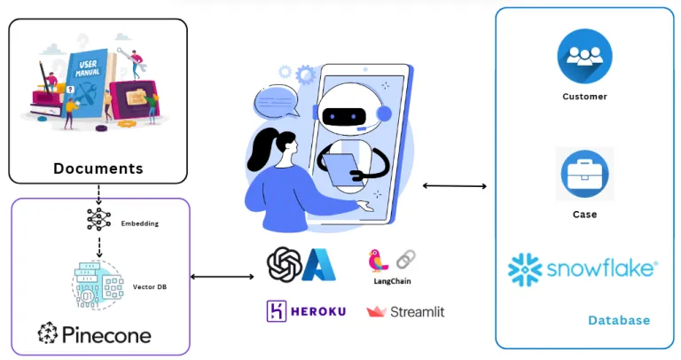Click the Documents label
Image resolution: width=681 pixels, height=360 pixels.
[x=98, y=168]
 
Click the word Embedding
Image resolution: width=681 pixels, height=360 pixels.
[x=139, y=224]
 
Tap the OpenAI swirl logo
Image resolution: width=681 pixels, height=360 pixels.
[x=284, y=264]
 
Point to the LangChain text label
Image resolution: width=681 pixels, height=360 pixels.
[x=390, y=281]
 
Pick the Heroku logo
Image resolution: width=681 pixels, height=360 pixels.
[x=306, y=311]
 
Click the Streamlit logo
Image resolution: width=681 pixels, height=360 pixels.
[x=405, y=312]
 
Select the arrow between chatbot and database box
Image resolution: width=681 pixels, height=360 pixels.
[x=455, y=185]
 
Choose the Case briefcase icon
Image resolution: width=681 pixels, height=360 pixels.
[x=584, y=174]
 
